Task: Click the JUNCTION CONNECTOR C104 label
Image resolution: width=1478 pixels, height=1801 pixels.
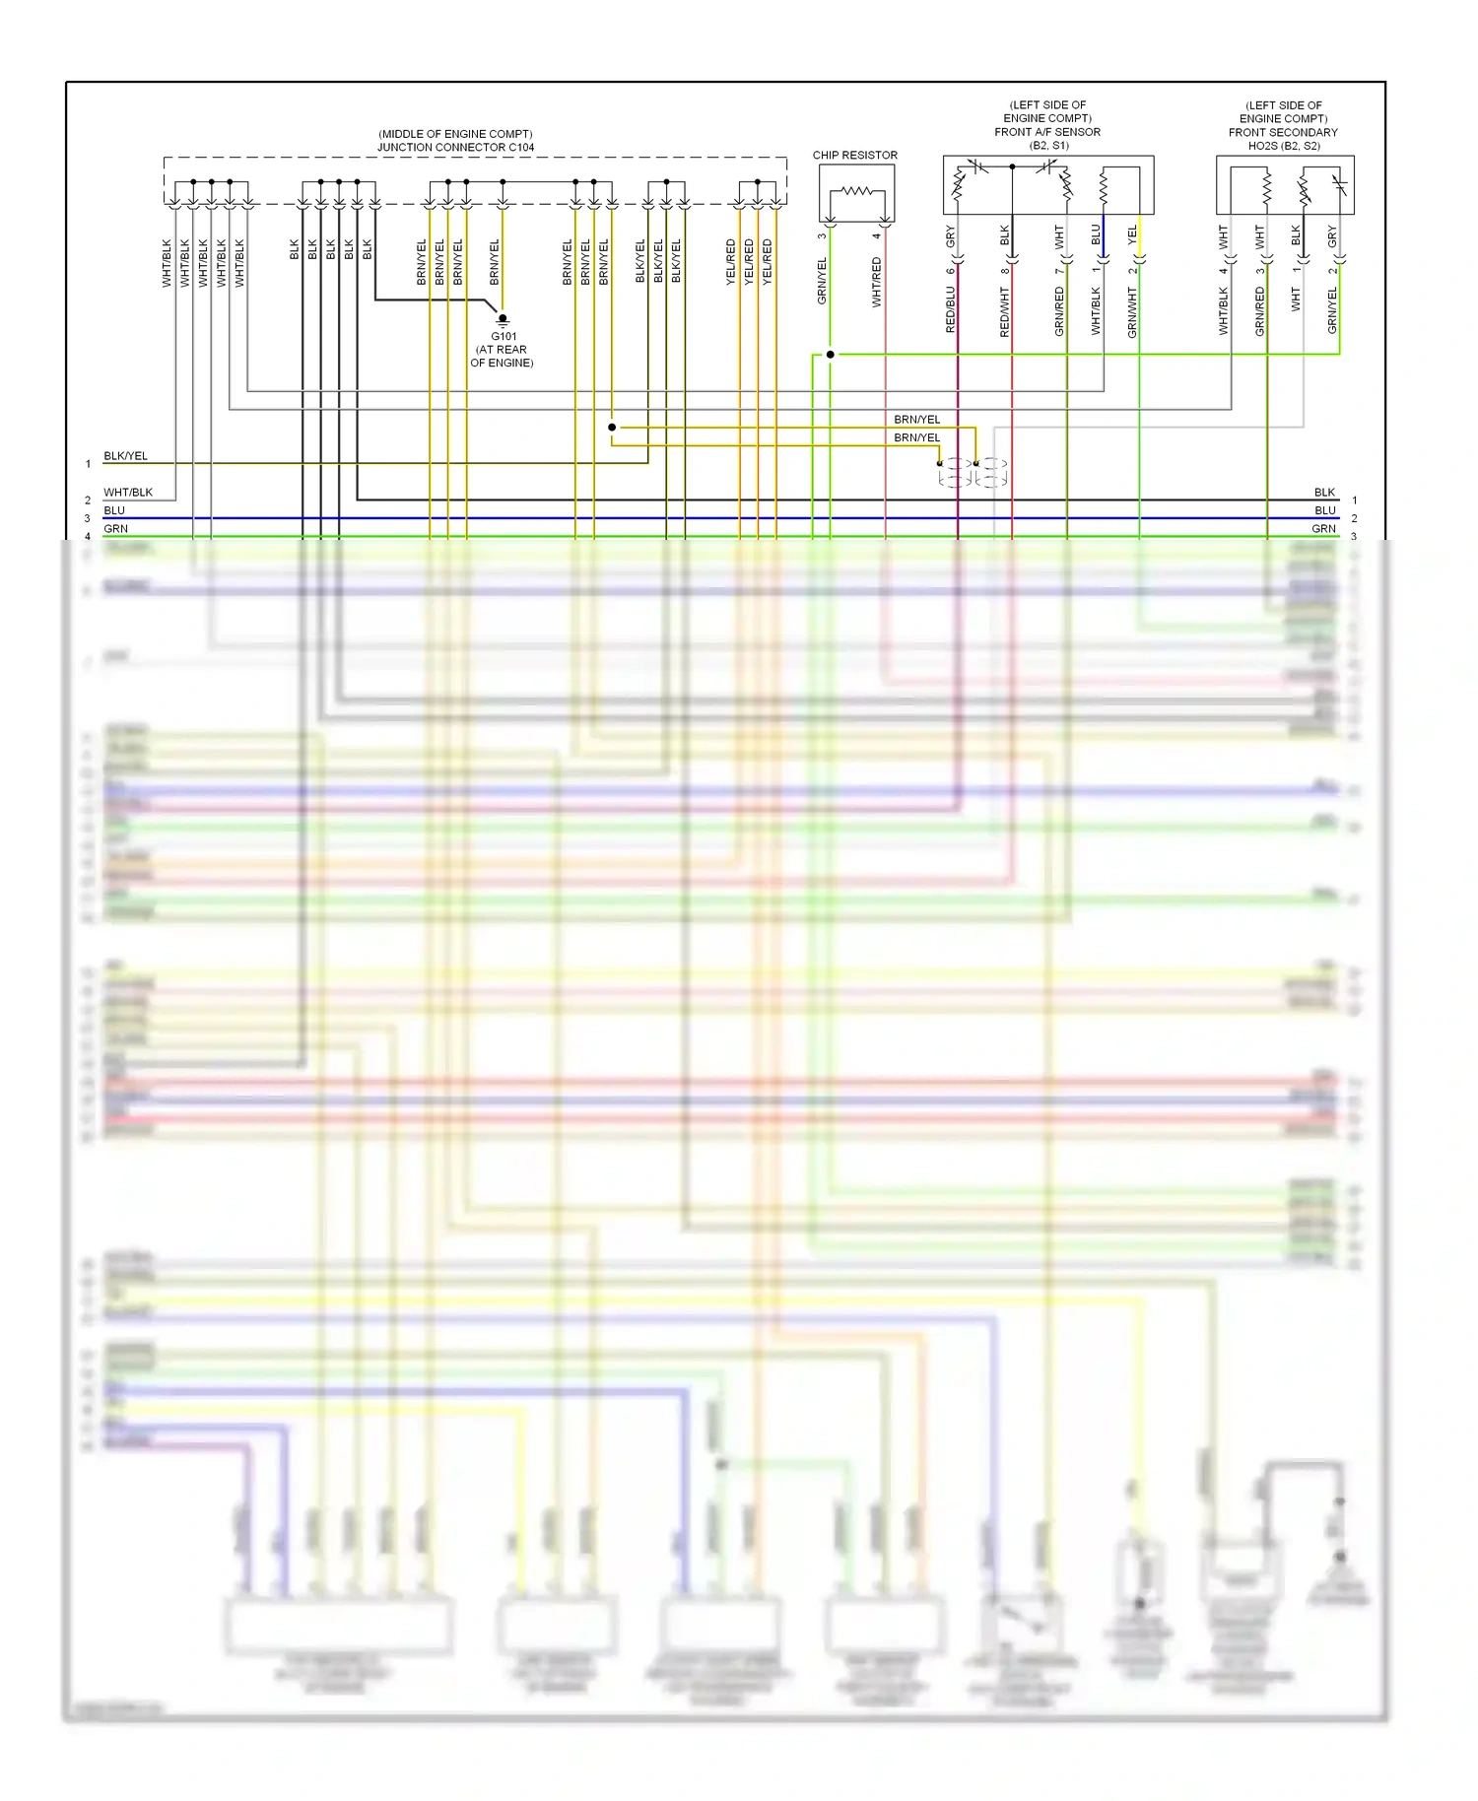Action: pyautogui.click(x=455, y=148)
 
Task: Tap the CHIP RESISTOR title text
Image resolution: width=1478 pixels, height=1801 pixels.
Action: pyautogui.click(x=854, y=156)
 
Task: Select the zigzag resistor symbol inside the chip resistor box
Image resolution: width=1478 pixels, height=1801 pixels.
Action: pyautogui.click(x=856, y=191)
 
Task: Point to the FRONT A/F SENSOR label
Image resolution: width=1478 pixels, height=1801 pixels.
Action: pyautogui.click(x=1046, y=132)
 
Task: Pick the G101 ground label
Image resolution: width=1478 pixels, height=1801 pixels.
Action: pyautogui.click(x=504, y=337)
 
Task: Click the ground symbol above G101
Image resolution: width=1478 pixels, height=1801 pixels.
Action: pyautogui.click(x=503, y=319)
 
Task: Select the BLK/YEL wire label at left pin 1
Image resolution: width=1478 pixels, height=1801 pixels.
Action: pyautogui.click(x=125, y=456)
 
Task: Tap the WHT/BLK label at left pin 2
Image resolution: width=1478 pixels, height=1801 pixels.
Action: pyautogui.click(x=128, y=493)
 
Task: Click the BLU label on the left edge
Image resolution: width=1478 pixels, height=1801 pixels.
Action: pyautogui.click(x=114, y=510)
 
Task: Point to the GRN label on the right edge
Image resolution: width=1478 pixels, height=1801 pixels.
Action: pyautogui.click(x=1323, y=529)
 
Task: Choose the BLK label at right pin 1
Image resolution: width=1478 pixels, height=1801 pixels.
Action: pyautogui.click(x=1324, y=493)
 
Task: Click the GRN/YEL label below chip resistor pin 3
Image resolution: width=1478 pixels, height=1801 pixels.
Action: pyautogui.click(x=822, y=280)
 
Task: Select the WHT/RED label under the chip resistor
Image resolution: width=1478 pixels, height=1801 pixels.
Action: pyautogui.click(x=876, y=282)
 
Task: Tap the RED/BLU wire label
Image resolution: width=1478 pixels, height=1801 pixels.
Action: pyautogui.click(x=951, y=309)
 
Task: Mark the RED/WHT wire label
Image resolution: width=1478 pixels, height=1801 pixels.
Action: pyautogui.click(x=1005, y=312)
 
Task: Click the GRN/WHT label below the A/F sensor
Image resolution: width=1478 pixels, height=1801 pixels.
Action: pyautogui.click(x=1132, y=312)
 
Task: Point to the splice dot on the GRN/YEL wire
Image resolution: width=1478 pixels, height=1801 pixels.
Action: pyautogui.click(x=831, y=355)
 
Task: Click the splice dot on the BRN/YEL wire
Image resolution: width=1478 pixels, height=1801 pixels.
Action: pyautogui.click(x=612, y=428)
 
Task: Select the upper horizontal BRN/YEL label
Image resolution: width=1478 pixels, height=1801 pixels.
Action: pyautogui.click(x=916, y=420)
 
